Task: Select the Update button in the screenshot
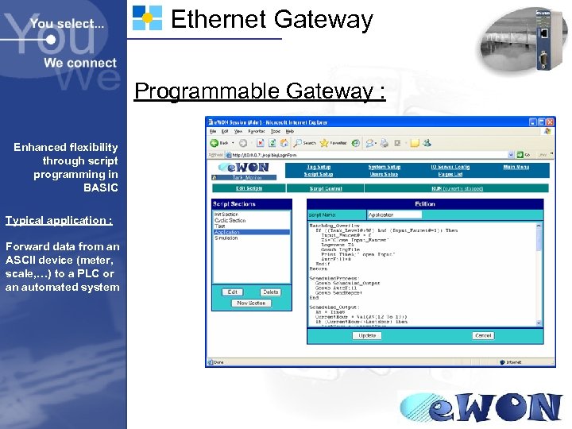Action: click(x=368, y=335)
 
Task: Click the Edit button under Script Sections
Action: click(x=233, y=292)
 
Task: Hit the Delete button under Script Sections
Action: click(x=270, y=292)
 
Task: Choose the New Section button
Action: click(x=251, y=303)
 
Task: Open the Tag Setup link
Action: click(x=318, y=167)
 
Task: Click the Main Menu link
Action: click(x=516, y=167)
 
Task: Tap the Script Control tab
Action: click(x=326, y=188)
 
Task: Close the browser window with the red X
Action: click(x=549, y=122)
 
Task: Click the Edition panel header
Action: click(x=425, y=203)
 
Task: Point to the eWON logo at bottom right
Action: click(x=481, y=408)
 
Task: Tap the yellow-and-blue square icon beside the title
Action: click(x=147, y=17)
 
